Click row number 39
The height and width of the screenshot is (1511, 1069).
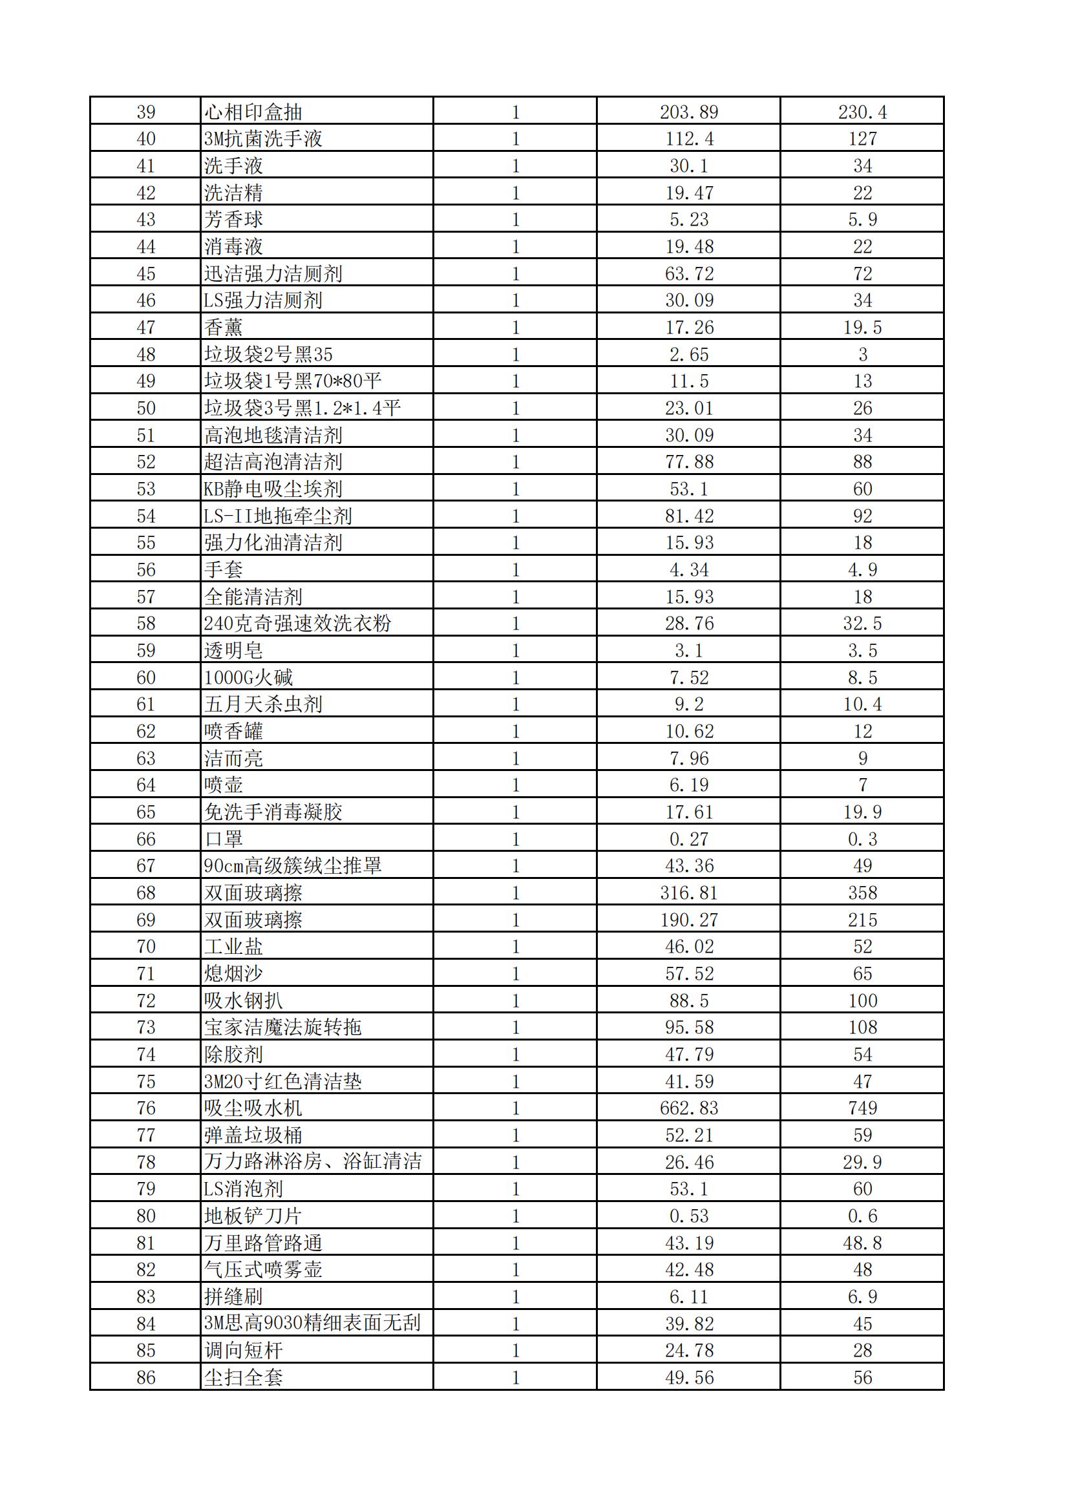coord(145,112)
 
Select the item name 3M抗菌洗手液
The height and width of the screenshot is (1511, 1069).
coord(262,139)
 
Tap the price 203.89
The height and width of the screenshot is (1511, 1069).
coord(688,112)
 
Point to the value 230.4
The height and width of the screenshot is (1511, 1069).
coord(862,112)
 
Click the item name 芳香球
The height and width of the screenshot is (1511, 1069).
coord(233,219)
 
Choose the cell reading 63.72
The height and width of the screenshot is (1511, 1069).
coord(688,273)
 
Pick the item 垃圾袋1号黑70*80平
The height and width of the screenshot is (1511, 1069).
coord(292,381)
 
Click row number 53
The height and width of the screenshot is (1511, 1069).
coord(145,489)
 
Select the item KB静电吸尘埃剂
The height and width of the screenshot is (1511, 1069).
coord(273,489)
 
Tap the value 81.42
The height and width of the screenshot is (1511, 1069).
coord(688,516)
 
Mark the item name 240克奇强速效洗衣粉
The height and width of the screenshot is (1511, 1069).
coord(297,623)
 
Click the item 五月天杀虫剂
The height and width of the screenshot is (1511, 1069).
coord(262,704)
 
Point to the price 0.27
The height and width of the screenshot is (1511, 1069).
coord(688,839)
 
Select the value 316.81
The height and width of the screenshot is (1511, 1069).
coord(688,893)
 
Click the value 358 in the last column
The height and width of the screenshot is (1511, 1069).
coord(862,893)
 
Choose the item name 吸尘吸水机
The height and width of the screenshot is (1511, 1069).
coord(253,1108)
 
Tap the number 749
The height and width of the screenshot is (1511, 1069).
coord(862,1108)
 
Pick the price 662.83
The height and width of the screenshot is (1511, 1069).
coord(688,1108)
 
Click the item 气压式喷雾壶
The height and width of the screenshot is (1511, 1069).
coord(262,1269)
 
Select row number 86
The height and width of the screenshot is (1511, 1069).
coord(145,1377)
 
